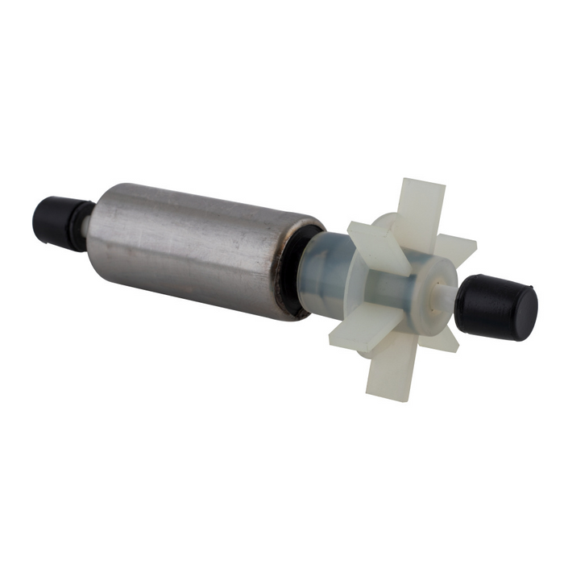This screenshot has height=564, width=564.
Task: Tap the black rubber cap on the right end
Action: (493, 307)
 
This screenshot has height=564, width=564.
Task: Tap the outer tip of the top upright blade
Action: (425, 187)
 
